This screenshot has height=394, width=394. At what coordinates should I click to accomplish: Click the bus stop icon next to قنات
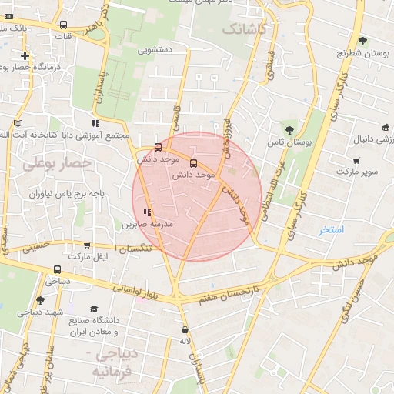coord(62,24)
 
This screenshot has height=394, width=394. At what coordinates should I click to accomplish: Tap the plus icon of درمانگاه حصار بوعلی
coord(25,55)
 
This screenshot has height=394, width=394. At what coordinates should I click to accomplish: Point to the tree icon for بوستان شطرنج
coord(362,41)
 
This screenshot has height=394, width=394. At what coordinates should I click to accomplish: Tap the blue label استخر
coord(332,230)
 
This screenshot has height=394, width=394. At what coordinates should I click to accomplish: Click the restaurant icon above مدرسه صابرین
coord(146,212)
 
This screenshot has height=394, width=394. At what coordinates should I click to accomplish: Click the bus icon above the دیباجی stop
coord(58,270)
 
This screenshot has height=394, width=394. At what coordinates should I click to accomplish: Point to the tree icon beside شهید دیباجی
coord(40,299)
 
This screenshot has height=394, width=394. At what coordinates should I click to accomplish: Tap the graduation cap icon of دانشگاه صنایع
coord(94,309)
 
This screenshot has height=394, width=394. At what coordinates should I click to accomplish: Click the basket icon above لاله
coord(184,329)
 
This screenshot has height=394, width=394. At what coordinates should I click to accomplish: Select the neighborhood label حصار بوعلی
coord(57,164)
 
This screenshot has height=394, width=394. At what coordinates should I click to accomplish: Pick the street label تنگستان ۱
coord(133,248)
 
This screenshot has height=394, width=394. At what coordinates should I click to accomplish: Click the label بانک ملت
coord(14,28)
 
